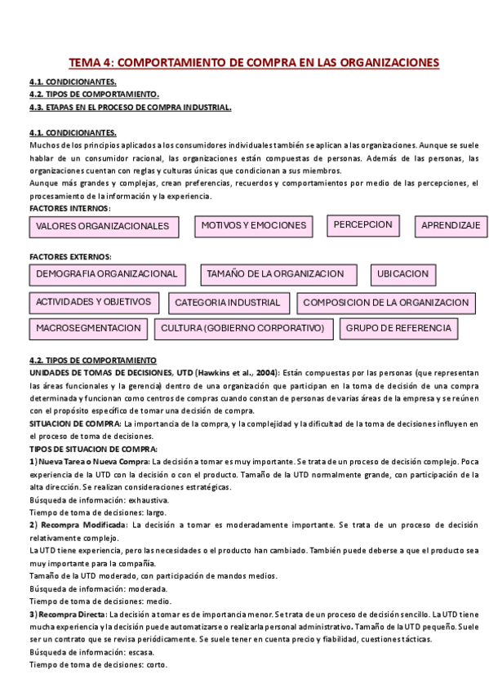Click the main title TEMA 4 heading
[x=253, y=62]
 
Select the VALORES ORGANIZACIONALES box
[x=103, y=226]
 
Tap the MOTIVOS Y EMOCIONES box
[x=254, y=225]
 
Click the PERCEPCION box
[x=363, y=224]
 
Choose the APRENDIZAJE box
[x=451, y=225]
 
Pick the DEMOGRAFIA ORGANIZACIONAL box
[x=107, y=274]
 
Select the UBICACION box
[x=402, y=274]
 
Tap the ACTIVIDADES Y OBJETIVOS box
[x=95, y=302]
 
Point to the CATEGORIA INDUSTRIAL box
[x=228, y=303]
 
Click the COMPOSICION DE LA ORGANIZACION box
[x=386, y=303]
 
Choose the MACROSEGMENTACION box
[x=88, y=328]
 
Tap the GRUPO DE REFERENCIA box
[x=398, y=328]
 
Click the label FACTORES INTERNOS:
[x=64, y=209]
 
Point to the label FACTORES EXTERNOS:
[x=64, y=256]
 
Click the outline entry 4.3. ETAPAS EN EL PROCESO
[x=130, y=107]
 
